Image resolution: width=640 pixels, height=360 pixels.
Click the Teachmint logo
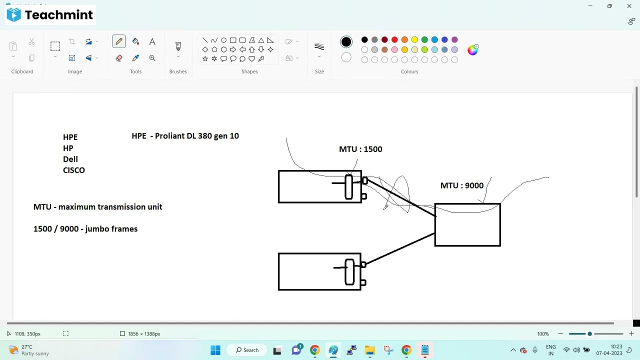click(x=50, y=15)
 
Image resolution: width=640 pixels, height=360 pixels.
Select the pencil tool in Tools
click(x=119, y=41)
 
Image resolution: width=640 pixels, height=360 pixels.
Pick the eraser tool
click(x=119, y=58)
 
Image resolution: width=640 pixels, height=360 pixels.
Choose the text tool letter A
click(x=152, y=41)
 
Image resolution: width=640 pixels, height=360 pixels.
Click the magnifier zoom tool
click(x=152, y=58)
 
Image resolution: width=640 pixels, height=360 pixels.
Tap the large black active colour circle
click(x=346, y=42)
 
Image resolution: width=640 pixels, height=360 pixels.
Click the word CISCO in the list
click(x=74, y=170)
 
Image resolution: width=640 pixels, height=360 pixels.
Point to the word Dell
click(x=70, y=159)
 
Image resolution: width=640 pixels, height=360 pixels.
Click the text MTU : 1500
click(x=360, y=149)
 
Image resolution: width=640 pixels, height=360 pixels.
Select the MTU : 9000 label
click(x=462, y=185)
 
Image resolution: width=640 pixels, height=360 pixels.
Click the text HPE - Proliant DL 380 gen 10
click(x=185, y=136)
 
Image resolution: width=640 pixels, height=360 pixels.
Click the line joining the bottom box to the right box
click(x=400, y=248)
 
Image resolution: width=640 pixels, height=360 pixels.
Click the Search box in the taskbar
click(x=247, y=350)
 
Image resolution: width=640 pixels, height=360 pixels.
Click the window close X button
click(x=629, y=6)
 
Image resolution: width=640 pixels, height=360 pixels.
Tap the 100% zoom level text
click(x=542, y=333)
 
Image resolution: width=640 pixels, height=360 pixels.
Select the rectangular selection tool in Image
click(x=55, y=46)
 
